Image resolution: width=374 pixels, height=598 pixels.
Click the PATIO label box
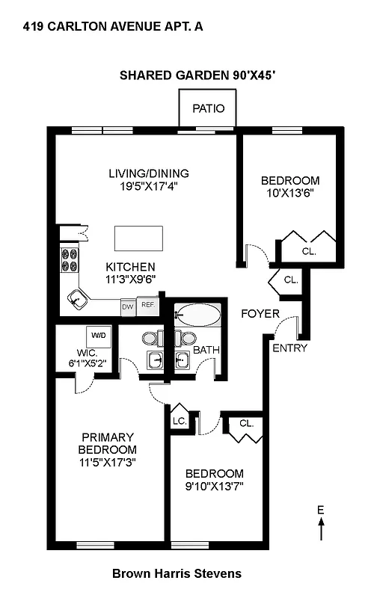tap(207, 108)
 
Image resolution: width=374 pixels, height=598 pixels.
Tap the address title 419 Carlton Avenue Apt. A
tap(112, 27)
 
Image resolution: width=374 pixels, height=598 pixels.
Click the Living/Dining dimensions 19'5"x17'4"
tap(148, 187)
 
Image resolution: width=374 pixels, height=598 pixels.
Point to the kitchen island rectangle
tap(138, 238)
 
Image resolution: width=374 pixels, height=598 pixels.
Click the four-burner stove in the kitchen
tap(70, 259)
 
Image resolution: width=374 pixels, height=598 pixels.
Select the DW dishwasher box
tap(128, 306)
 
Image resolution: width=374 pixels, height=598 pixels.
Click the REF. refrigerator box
tap(148, 306)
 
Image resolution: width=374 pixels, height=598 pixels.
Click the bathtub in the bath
tap(197, 315)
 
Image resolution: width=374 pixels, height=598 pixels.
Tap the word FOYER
tap(260, 313)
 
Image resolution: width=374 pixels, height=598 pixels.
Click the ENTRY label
tap(289, 348)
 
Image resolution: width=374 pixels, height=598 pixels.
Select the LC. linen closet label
tap(180, 421)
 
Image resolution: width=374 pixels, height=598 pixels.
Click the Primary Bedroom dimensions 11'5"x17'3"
tap(108, 462)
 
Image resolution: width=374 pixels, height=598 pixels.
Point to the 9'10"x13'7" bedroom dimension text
tap(215, 486)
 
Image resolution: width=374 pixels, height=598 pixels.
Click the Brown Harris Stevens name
tap(177, 574)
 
